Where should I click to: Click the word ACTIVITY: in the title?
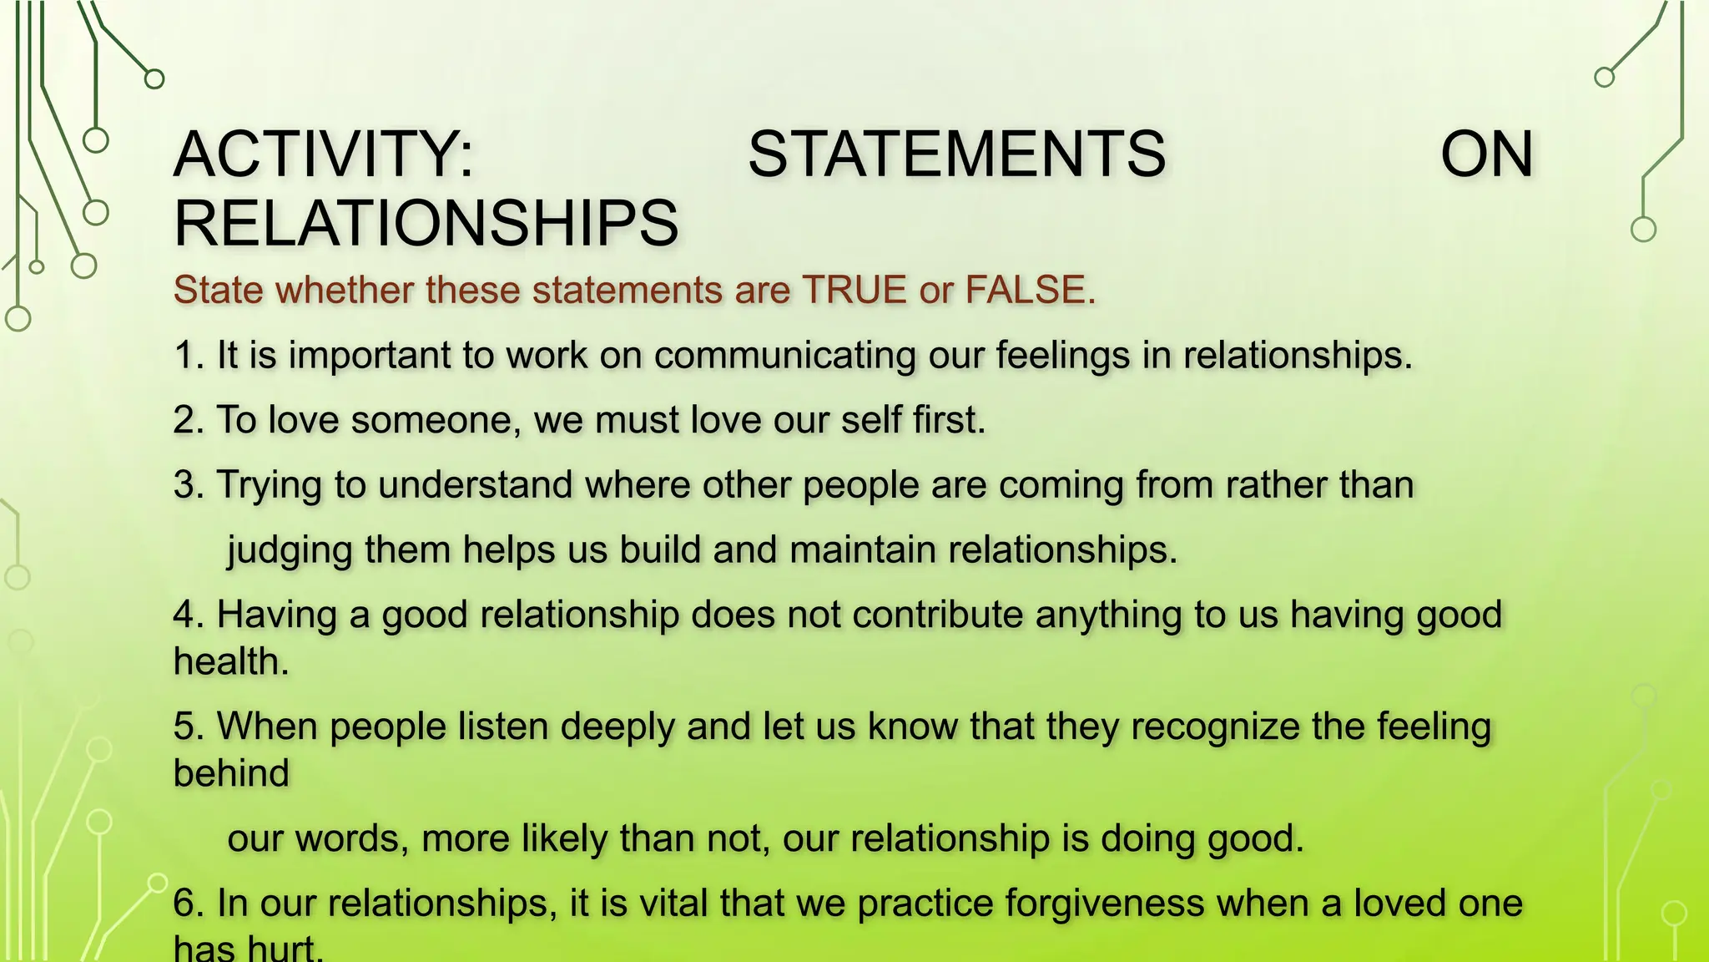(324, 154)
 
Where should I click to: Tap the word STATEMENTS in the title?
(956, 154)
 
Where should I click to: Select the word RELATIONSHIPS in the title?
(426, 223)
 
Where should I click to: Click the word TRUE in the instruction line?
(854, 290)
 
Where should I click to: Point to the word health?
(230, 661)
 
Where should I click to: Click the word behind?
(231, 773)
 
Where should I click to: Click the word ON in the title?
(1486, 154)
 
